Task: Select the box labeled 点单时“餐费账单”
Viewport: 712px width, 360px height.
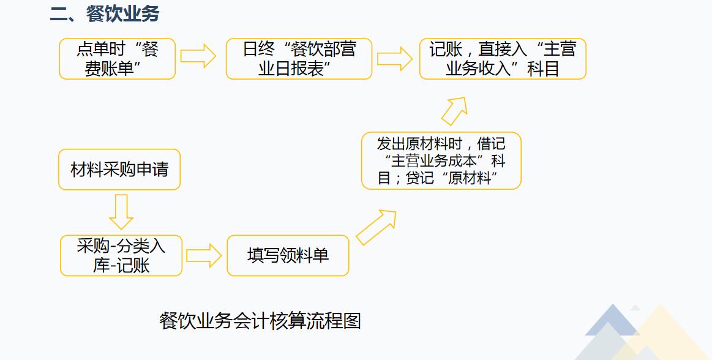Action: (x=118, y=59)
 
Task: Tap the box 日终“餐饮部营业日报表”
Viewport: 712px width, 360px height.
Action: (x=299, y=59)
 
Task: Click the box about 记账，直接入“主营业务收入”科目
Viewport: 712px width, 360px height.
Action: (x=502, y=59)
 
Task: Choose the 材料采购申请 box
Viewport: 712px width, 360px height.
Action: (x=119, y=169)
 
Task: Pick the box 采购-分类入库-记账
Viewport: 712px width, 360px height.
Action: (x=121, y=255)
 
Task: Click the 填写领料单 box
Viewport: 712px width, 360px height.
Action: (x=288, y=255)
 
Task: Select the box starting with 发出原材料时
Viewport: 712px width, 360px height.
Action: (x=441, y=160)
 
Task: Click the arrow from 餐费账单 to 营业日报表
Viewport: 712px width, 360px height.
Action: (x=198, y=56)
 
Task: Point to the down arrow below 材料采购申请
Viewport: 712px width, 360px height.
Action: (x=121, y=211)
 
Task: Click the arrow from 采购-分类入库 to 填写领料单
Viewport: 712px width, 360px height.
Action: (x=203, y=255)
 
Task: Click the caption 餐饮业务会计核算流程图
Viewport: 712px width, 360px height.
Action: (x=260, y=320)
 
